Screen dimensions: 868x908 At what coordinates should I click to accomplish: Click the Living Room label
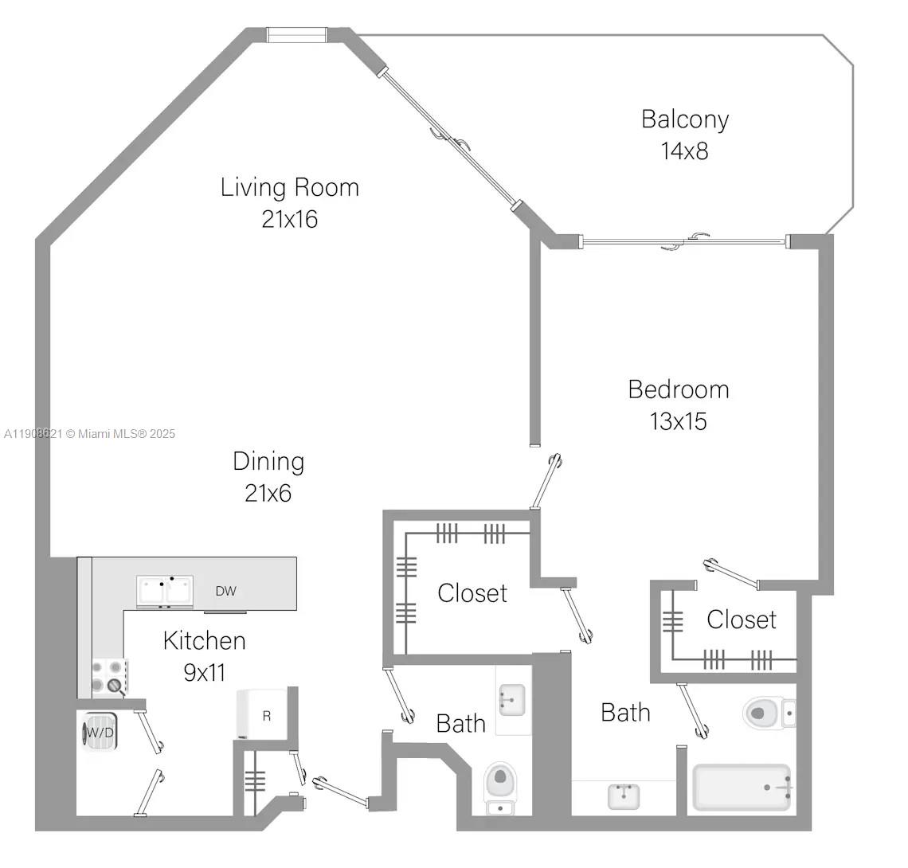(289, 187)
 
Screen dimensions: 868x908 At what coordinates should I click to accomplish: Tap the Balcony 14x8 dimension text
(684, 151)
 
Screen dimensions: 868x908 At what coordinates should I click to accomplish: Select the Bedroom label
(678, 389)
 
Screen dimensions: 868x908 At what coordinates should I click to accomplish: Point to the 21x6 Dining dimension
(268, 493)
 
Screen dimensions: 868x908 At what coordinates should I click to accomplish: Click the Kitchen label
(204, 640)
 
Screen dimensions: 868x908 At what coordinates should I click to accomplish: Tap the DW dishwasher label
(225, 591)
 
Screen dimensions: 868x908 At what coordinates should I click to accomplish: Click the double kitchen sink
(165, 592)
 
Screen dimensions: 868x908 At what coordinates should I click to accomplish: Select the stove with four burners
(108, 675)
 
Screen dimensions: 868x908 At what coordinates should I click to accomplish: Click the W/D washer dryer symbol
(100, 732)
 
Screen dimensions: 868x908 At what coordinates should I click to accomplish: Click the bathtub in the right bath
(742, 787)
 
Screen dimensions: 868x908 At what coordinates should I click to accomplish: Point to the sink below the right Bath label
(624, 796)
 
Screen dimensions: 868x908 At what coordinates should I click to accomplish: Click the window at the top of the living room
(296, 35)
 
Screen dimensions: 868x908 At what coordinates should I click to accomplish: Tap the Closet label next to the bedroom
(741, 619)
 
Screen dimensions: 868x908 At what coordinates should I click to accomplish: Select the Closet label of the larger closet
(472, 592)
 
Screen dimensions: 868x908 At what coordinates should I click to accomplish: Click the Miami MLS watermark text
(89, 434)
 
